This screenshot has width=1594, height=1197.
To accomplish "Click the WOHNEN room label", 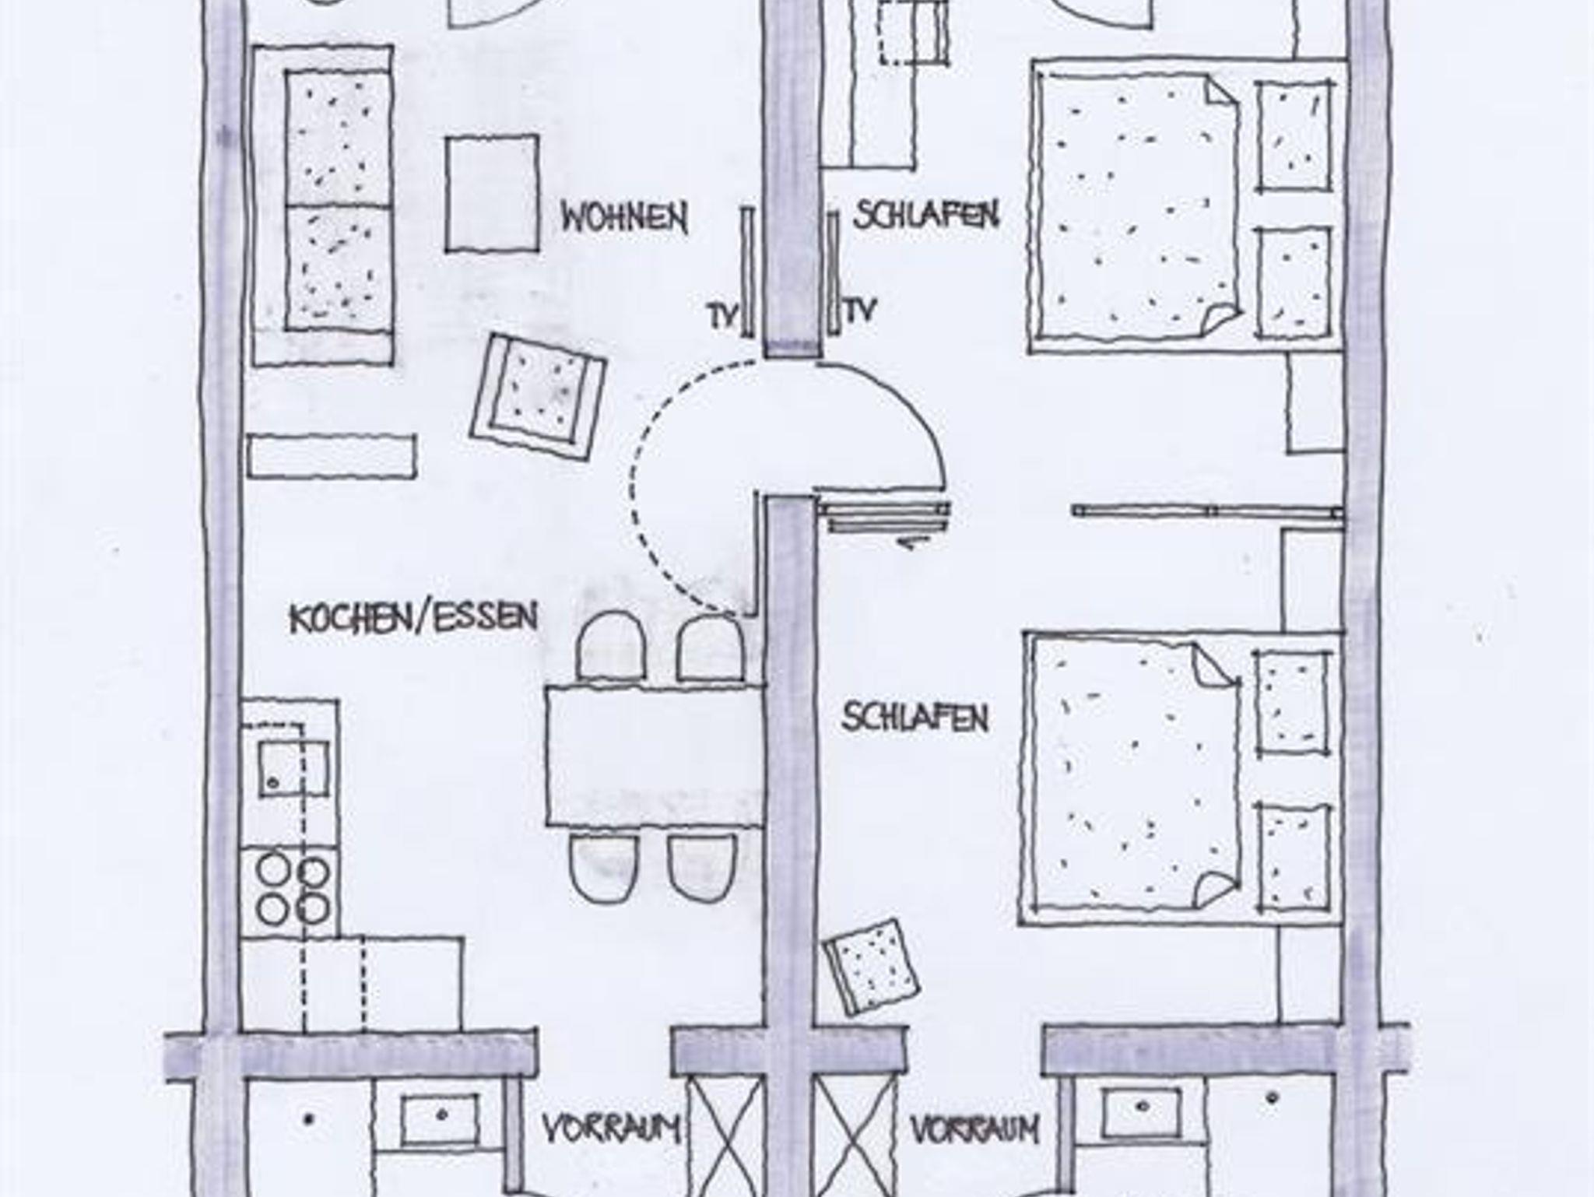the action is pyautogui.click(x=624, y=219).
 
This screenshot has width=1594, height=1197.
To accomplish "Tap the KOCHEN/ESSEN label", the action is pyautogui.click(x=413, y=619).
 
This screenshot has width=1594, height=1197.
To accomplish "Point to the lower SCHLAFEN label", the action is pyautogui.click(x=915, y=717).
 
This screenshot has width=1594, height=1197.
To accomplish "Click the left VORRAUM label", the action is pyautogui.click(x=612, y=1129).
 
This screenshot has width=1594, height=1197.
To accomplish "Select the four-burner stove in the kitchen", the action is pyautogui.click(x=292, y=890).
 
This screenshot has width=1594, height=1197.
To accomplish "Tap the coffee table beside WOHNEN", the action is pyautogui.click(x=492, y=194).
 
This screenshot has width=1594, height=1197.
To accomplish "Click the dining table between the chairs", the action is pyautogui.click(x=655, y=754).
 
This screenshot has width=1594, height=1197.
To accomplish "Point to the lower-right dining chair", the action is pyautogui.click(x=701, y=867).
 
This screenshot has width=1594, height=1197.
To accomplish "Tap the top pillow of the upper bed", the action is pyautogui.click(x=1294, y=135).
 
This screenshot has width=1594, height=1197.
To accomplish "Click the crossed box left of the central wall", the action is pyautogui.click(x=725, y=1136).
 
